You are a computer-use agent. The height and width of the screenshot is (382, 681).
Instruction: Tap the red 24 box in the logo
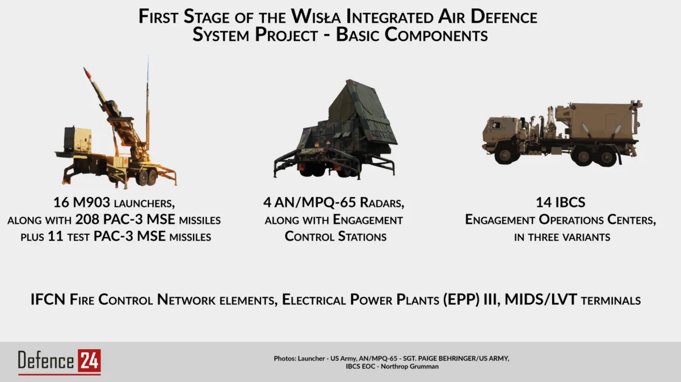coord(89,360)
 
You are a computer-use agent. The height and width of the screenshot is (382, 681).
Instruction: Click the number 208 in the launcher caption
coord(88,219)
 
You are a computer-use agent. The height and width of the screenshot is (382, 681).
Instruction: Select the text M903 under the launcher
coord(91,202)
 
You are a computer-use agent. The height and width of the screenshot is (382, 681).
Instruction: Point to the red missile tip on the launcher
coord(87,73)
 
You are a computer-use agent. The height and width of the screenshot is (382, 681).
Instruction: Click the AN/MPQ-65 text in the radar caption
coord(315,203)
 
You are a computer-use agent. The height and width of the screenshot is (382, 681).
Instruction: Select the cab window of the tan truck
coord(496,125)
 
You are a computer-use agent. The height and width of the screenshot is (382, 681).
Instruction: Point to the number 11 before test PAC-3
coord(56,236)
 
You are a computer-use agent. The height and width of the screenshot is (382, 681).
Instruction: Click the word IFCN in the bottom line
coord(48,299)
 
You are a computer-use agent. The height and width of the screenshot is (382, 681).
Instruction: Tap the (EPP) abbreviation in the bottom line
coord(461,300)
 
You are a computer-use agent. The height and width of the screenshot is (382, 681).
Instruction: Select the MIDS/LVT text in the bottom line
coord(541,299)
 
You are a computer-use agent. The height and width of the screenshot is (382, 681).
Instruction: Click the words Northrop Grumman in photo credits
coord(410,367)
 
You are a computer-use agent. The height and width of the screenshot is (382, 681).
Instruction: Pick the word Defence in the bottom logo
coord(46,360)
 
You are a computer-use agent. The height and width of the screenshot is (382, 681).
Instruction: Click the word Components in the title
coord(436,35)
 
